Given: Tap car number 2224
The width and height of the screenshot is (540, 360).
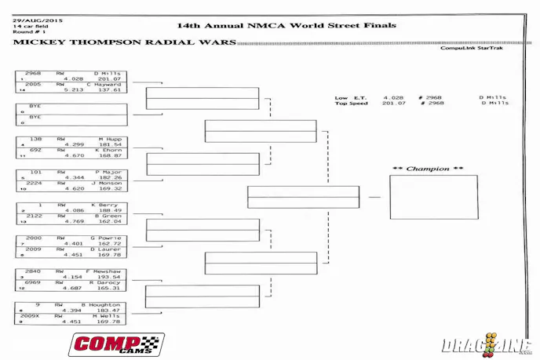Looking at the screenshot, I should tap(35, 183).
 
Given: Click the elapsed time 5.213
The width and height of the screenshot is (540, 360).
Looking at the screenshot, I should tap(74, 89).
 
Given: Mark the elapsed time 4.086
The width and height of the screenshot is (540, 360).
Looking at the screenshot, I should tap(74, 210).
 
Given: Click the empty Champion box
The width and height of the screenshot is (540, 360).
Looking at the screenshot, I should tap(433, 197).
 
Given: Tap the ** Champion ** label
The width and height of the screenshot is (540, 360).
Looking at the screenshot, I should tap(428, 169).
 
